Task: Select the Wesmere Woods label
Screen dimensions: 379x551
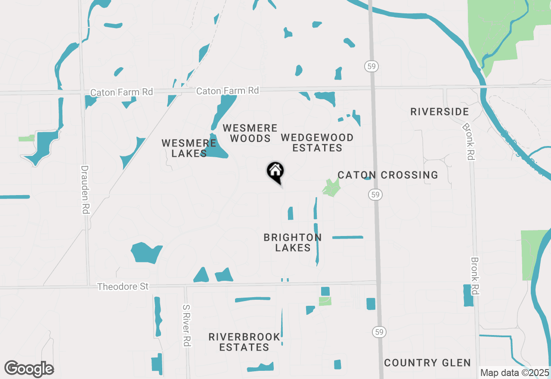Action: click(250, 133)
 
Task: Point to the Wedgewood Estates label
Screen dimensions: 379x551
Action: click(317, 143)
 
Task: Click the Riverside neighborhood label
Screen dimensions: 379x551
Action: click(440, 112)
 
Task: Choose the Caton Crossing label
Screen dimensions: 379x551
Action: click(387, 175)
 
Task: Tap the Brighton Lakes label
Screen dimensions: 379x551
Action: click(293, 242)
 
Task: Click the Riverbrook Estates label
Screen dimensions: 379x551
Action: click(245, 342)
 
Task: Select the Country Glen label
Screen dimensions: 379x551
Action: click(427, 363)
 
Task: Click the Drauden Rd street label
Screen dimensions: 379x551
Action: click(85, 189)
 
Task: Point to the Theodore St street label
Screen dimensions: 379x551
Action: click(123, 286)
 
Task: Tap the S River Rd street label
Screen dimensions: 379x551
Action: click(186, 325)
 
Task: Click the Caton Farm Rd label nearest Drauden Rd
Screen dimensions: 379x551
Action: click(121, 92)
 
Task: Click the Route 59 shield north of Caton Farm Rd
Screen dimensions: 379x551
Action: click(371, 66)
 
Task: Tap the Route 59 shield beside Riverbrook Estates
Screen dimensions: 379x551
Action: click(379, 332)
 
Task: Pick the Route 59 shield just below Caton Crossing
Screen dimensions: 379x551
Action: click(376, 195)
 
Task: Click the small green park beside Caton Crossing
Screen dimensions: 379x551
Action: click(331, 188)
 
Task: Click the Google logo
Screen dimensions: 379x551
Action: click(29, 369)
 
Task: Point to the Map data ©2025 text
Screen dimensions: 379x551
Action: click(514, 373)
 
